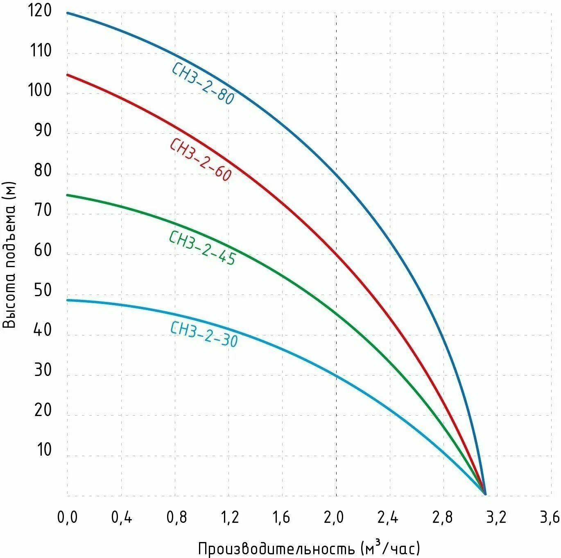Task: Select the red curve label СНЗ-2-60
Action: click(x=201, y=160)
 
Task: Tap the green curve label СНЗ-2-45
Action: click(x=202, y=248)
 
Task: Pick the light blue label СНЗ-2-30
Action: click(x=204, y=334)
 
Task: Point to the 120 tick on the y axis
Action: click(x=40, y=11)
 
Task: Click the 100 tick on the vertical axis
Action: click(x=40, y=90)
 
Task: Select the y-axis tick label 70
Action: click(x=43, y=210)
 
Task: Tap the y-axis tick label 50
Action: click(x=43, y=290)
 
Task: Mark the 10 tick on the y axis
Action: click(x=44, y=450)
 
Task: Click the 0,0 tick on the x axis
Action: click(x=67, y=517)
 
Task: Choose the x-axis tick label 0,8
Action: click(x=176, y=517)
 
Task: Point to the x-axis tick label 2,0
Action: click(x=334, y=517)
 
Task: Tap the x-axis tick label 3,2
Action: click(x=496, y=517)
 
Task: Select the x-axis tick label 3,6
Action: click(x=550, y=517)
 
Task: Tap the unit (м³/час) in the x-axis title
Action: click(x=391, y=548)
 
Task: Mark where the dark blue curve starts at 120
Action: click(x=68, y=13)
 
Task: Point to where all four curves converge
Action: click(x=485, y=494)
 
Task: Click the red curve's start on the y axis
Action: click(x=68, y=74)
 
